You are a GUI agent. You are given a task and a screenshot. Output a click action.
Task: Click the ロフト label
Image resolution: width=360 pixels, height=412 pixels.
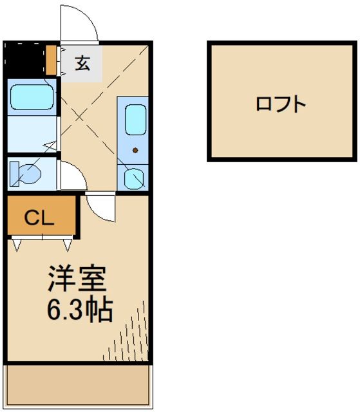point(280,104)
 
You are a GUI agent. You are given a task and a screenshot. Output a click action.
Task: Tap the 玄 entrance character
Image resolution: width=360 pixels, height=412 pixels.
point(82,63)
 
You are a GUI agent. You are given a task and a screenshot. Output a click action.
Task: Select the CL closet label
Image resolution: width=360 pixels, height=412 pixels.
point(39,217)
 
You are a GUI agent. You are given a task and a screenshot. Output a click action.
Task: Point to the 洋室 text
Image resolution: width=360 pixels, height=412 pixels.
point(75,279)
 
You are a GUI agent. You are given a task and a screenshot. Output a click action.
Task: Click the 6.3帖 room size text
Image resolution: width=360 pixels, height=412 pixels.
point(79,310)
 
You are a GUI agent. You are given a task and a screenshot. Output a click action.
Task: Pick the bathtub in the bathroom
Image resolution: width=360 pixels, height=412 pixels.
point(32,97)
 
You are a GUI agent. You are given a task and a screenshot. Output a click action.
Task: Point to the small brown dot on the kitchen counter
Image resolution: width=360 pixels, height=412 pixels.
point(135,151)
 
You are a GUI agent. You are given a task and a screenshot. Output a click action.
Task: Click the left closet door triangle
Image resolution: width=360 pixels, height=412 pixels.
point(17,244)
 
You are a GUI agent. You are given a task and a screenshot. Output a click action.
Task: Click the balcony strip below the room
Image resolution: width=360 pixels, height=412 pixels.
point(79,384)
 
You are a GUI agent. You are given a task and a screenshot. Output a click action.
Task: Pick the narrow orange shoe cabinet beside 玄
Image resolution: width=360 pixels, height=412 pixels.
point(52,60)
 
